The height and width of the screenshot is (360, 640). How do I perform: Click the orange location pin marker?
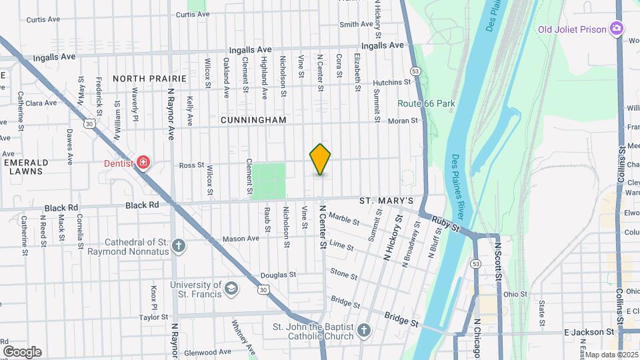[x=321, y=159]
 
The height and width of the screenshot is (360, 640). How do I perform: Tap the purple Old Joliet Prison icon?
[x=617, y=29]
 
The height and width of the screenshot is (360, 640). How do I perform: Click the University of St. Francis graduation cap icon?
[x=231, y=289]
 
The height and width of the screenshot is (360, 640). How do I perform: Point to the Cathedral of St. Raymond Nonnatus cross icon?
[x=179, y=246]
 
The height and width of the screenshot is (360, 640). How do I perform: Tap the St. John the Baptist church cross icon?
[x=363, y=330]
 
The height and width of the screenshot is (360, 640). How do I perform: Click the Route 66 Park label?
[x=426, y=103]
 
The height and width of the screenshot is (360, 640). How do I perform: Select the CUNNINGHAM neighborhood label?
[x=254, y=120]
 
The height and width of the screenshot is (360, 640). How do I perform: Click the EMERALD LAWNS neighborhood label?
[x=27, y=167]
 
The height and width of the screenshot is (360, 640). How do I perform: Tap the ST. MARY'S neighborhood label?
[x=387, y=201]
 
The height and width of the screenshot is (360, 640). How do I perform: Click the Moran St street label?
[x=403, y=121]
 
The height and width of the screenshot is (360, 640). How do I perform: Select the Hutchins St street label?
[x=392, y=82]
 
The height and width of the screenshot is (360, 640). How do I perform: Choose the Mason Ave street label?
[x=241, y=239]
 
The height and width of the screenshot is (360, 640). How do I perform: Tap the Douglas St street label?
[x=278, y=275]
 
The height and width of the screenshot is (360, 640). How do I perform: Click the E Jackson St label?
[x=589, y=331]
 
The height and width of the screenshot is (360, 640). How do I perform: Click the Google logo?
[x=22, y=351]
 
